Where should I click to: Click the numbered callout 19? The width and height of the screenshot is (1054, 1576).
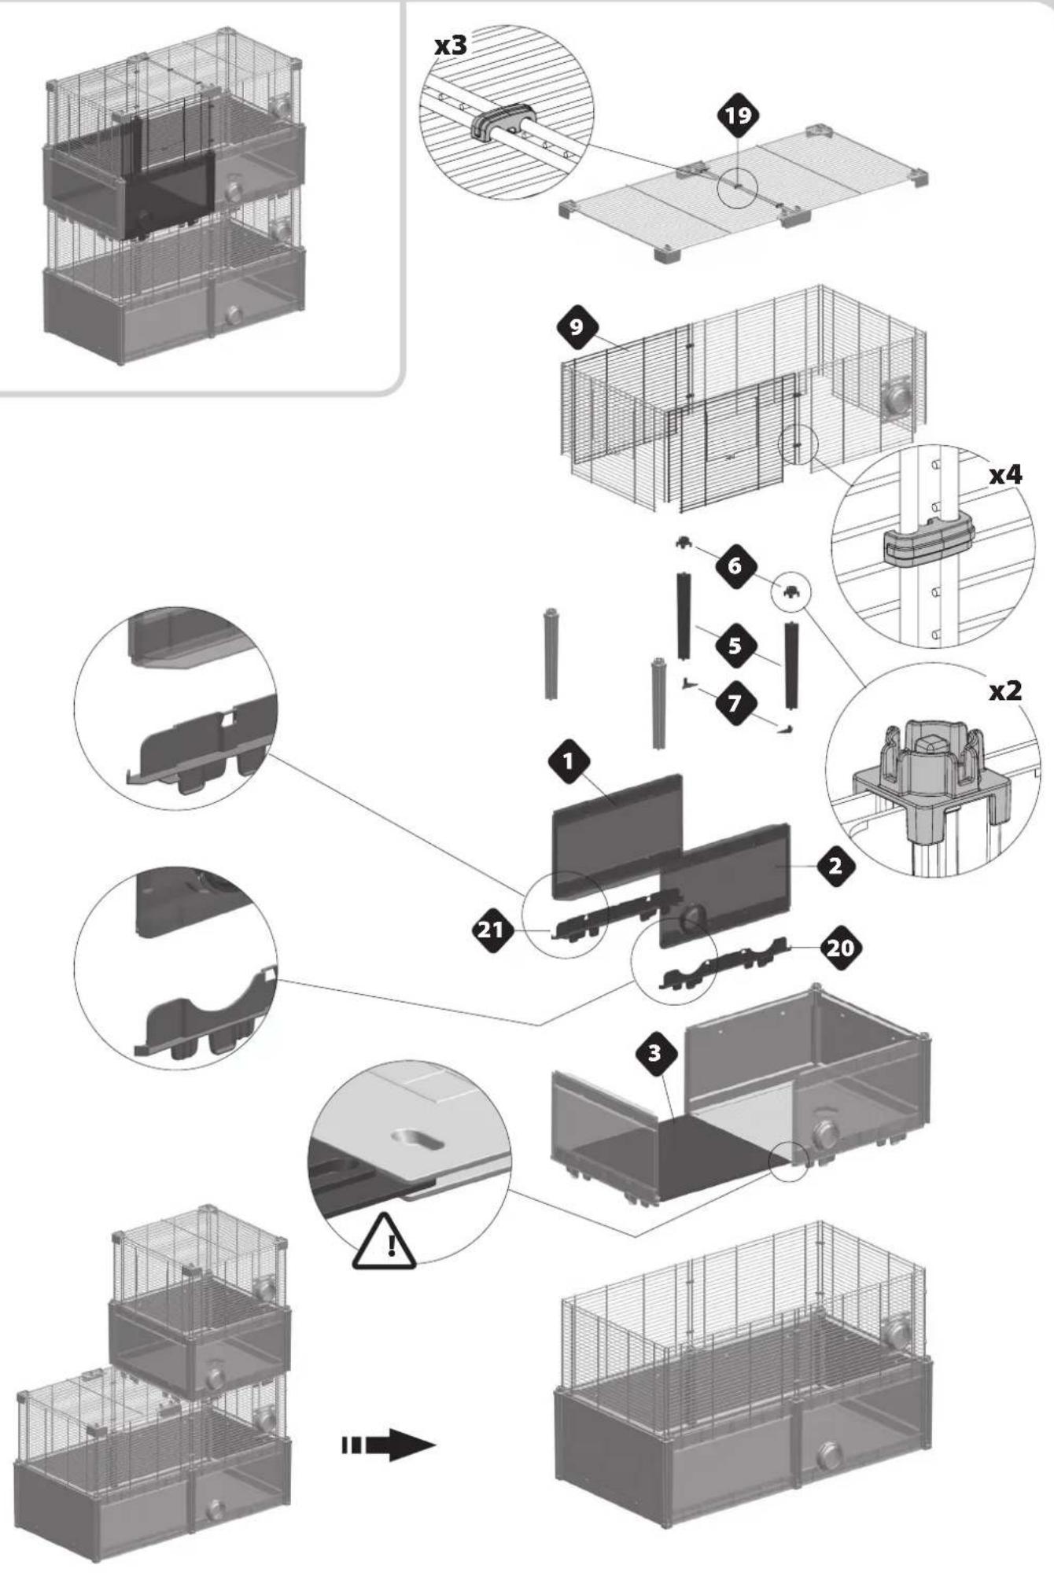coord(737,116)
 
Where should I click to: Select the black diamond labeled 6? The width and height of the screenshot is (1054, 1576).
coord(735,565)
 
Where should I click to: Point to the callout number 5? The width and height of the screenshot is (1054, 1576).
coord(735,646)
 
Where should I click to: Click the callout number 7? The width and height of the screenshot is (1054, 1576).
coord(735,702)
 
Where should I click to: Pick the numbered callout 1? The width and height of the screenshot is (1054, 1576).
coord(568,761)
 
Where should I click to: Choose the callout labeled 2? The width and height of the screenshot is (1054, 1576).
coord(835,866)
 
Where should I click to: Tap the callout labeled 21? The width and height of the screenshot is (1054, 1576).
coord(492,930)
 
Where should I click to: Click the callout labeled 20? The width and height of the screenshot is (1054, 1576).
coord(841,948)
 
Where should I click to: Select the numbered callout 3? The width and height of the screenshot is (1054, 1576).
coord(654,1052)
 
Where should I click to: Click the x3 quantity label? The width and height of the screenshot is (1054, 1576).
coord(451,46)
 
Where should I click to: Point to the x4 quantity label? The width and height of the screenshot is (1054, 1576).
coord(1005,474)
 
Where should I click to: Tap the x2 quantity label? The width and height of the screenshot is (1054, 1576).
coord(1005,690)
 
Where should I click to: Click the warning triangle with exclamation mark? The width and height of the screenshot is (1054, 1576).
coord(385,1241)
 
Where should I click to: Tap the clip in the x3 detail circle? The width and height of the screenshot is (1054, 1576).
coord(502,122)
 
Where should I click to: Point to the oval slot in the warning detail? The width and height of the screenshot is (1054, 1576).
coord(417,1140)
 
